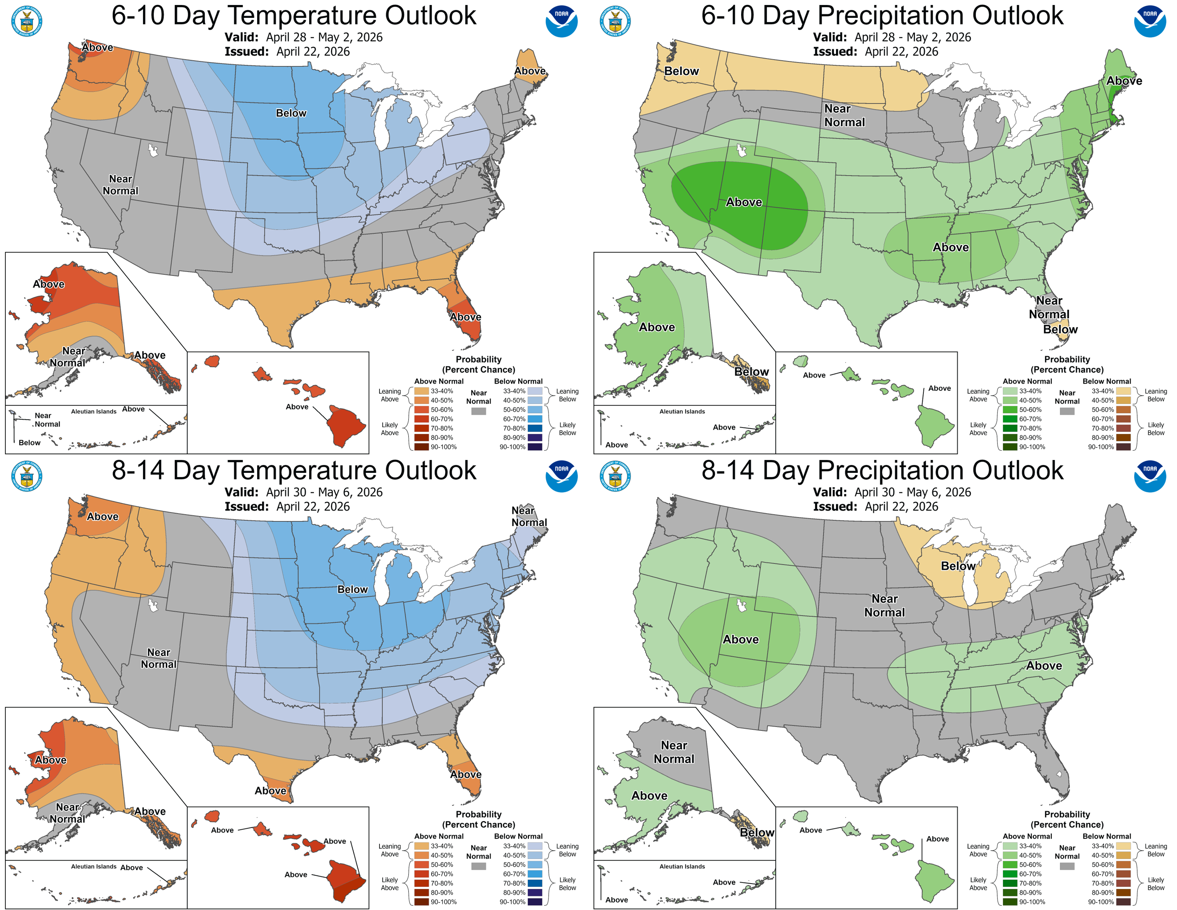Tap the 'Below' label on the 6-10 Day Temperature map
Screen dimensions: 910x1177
(291, 113)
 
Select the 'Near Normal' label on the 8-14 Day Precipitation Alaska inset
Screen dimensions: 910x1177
(674, 751)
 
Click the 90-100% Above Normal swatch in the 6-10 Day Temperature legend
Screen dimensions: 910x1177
(421, 447)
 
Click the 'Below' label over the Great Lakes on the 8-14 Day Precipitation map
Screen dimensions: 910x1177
(958, 566)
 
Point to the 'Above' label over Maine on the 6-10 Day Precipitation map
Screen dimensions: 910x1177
(1124, 81)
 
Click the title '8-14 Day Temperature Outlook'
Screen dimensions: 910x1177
(294, 470)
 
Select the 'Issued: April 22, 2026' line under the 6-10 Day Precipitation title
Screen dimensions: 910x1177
(875, 52)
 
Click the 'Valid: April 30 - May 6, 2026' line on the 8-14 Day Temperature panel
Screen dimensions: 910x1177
(303, 492)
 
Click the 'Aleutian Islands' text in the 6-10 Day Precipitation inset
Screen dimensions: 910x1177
(682, 411)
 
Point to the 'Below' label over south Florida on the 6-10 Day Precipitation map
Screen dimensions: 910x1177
(1060, 329)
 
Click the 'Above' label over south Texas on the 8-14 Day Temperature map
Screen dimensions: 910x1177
(270, 791)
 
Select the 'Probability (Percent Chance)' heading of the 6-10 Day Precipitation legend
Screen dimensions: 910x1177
(1067, 364)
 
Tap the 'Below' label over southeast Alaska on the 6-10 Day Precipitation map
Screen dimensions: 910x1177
(751, 372)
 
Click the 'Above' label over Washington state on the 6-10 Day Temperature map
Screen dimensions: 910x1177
(98, 47)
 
